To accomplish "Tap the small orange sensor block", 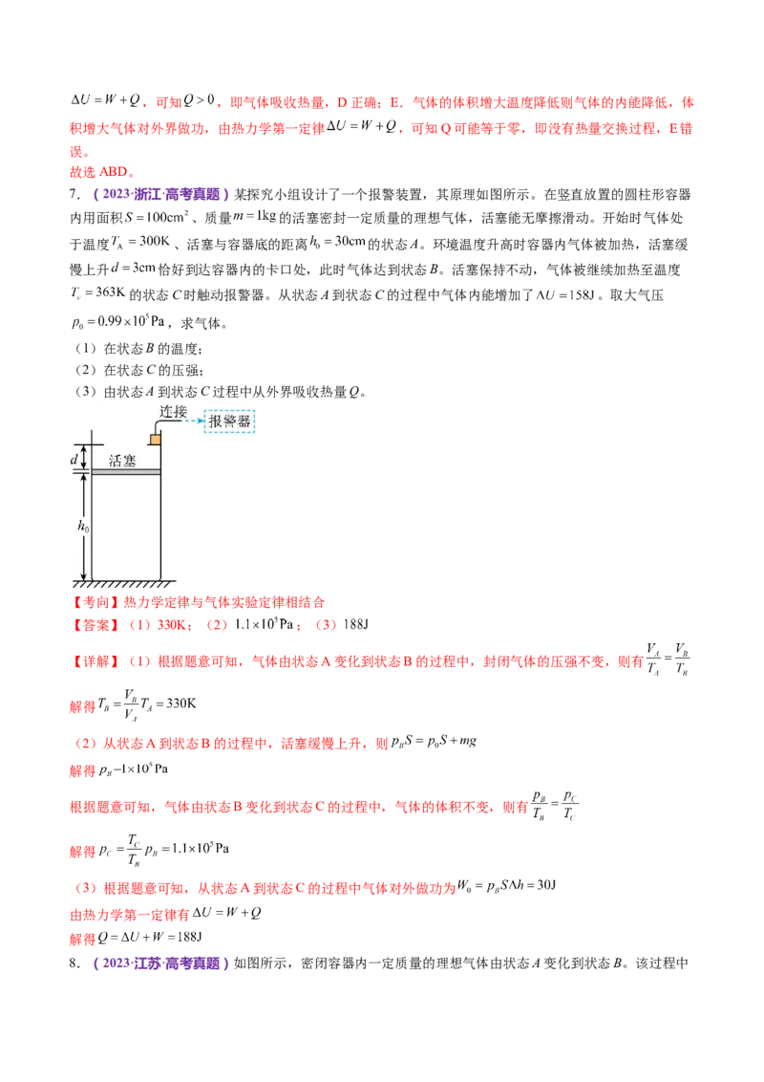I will click(x=154, y=439).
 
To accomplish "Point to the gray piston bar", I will click(x=124, y=471).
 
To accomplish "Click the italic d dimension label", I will click(x=74, y=459).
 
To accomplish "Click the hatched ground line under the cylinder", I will click(x=124, y=582).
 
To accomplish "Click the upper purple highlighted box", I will click(x=160, y=195).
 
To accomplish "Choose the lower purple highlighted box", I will click(x=160, y=963).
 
